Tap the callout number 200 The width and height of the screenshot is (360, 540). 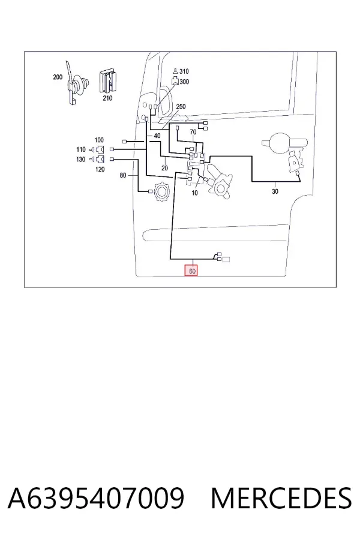[x=58, y=77]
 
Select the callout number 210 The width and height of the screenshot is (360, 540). [x=107, y=98]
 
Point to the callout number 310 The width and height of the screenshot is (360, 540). [x=184, y=71]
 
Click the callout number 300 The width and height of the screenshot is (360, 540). [x=184, y=82]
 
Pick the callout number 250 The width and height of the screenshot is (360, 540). [x=181, y=107]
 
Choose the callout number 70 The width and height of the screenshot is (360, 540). [x=193, y=132]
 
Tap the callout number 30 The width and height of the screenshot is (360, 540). [x=275, y=191]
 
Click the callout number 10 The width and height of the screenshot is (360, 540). [x=194, y=193]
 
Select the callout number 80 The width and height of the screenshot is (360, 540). [x=123, y=175]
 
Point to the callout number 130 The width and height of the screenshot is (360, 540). [x=80, y=160]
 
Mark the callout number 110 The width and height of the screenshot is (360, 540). [x=80, y=149]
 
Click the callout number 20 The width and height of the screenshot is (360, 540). [x=164, y=168]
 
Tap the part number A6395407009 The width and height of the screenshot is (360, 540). [x=96, y=498]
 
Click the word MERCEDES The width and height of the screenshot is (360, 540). [x=281, y=498]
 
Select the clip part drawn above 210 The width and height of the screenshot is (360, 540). [x=107, y=81]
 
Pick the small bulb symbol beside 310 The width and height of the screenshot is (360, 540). [x=175, y=71]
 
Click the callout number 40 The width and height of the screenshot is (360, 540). [x=157, y=136]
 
